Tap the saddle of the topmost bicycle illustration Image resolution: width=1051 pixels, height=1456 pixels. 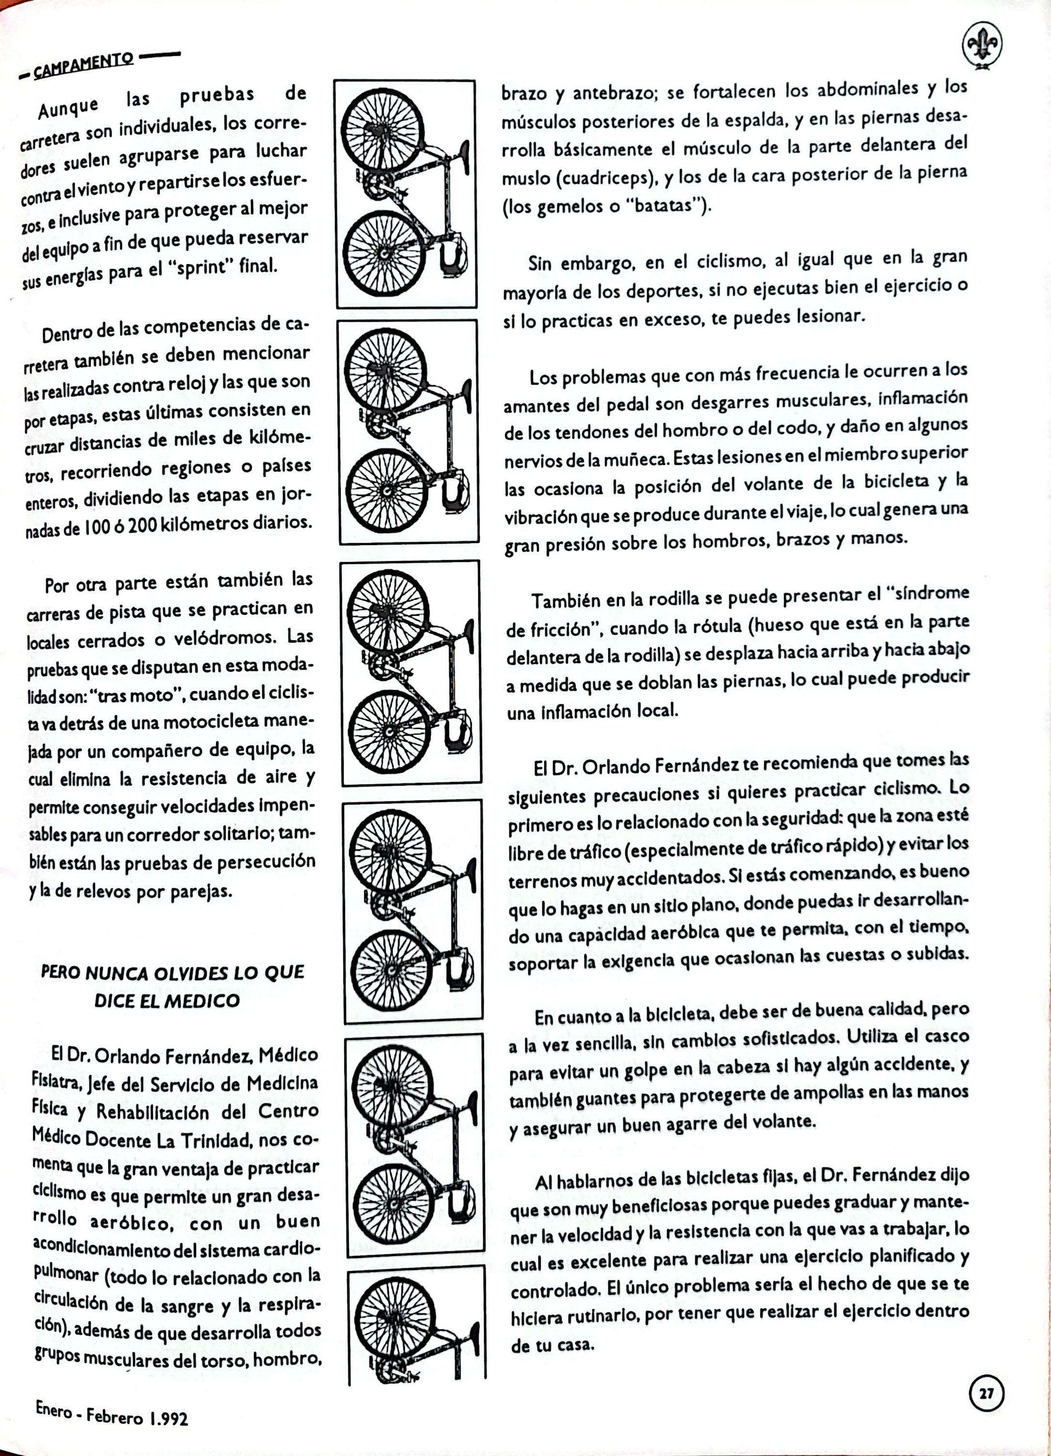click(x=464, y=154)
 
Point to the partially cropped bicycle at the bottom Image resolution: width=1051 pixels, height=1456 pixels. click(x=414, y=1342)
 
